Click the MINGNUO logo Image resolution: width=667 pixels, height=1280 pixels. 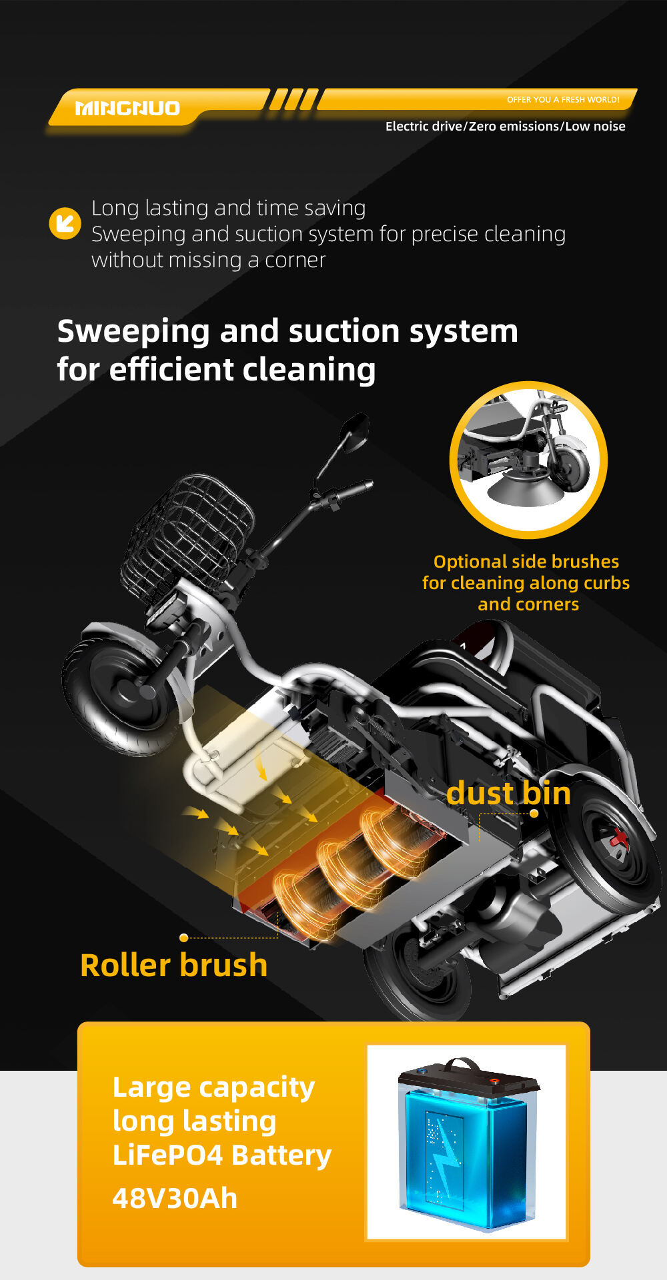pos(127,108)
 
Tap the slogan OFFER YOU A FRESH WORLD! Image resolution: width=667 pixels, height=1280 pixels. pos(563,100)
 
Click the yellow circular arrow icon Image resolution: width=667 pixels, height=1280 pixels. pos(65,223)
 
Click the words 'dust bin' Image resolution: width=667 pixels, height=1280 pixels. pos(508,793)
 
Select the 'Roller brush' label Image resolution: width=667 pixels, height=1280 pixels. pos(173,965)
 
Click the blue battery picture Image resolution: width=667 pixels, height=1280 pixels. pos(467,1143)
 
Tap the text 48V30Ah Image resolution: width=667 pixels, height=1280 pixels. pos(175,1198)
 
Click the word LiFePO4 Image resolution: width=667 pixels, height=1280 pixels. pos(167,1155)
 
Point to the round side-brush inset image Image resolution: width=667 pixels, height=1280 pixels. pos(528,460)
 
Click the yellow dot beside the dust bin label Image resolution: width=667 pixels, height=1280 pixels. pos(534,813)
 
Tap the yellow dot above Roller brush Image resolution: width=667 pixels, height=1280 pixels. pos(183,938)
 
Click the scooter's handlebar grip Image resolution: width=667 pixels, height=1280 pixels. pos(354,490)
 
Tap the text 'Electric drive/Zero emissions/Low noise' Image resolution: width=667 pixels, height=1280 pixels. pos(505,126)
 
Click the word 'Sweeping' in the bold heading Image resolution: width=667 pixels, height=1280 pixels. pos(133,331)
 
